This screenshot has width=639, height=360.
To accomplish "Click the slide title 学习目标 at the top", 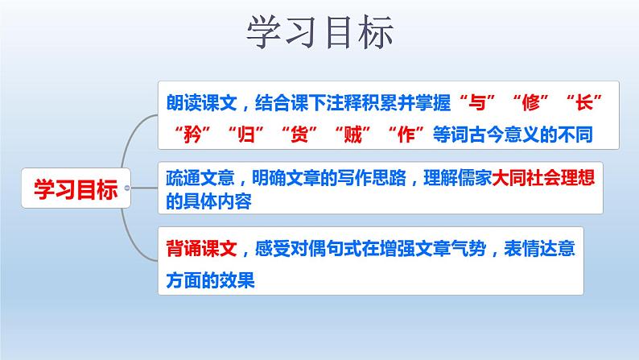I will (x=319, y=33).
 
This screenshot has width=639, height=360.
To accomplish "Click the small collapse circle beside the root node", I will (x=126, y=188).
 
